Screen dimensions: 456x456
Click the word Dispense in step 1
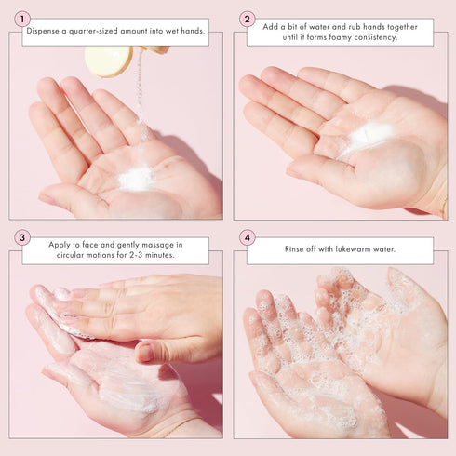[43, 31]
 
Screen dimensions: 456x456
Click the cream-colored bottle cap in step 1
[108, 60]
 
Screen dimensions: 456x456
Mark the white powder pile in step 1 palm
[137, 177]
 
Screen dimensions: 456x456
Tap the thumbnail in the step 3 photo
[145, 353]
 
